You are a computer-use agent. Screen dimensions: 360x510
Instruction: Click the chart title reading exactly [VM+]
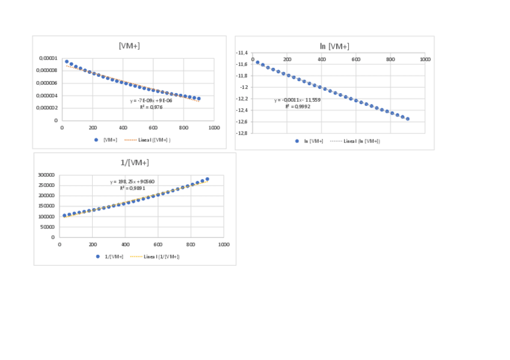coord(129,46)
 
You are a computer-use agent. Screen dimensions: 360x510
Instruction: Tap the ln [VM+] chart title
coord(334,46)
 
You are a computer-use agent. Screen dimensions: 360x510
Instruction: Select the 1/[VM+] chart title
coord(135,163)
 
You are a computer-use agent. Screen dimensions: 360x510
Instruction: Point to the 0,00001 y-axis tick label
coord(48,58)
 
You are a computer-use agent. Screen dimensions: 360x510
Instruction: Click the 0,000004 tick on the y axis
coord(47,96)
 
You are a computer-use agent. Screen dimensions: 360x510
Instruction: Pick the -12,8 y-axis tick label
coord(243,133)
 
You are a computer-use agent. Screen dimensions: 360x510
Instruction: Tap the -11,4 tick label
coord(243,53)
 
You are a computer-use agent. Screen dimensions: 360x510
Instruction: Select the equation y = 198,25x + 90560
coord(132,182)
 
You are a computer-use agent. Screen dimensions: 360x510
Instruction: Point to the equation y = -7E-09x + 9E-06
coord(151,100)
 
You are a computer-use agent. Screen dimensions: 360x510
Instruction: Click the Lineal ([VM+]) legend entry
coord(147,139)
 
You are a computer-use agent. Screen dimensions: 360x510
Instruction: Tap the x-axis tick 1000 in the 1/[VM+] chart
coord(224,245)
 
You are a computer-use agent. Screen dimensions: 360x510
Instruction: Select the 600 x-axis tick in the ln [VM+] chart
coord(356,59)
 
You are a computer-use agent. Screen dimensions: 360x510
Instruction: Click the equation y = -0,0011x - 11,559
coord(297,100)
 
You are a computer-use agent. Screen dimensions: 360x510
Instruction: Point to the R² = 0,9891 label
coord(131,188)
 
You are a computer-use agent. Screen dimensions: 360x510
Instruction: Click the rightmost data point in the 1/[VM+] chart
coord(207,179)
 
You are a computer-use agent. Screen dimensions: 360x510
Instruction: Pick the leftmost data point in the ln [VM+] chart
coord(257,63)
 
